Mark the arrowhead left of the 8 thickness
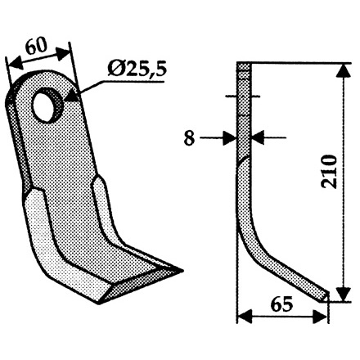click(232, 138)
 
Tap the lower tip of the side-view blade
click(330, 295)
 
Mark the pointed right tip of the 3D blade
click(183, 268)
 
